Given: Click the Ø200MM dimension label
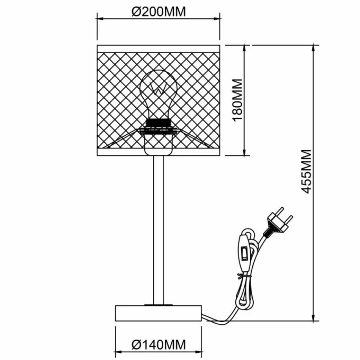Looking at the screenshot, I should click(x=158, y=11).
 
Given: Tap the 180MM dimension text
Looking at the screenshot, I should click(x=237, y=99).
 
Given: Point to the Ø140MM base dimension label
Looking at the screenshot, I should click(x=158, y=345).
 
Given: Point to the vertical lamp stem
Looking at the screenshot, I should click(x=158, y=225).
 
